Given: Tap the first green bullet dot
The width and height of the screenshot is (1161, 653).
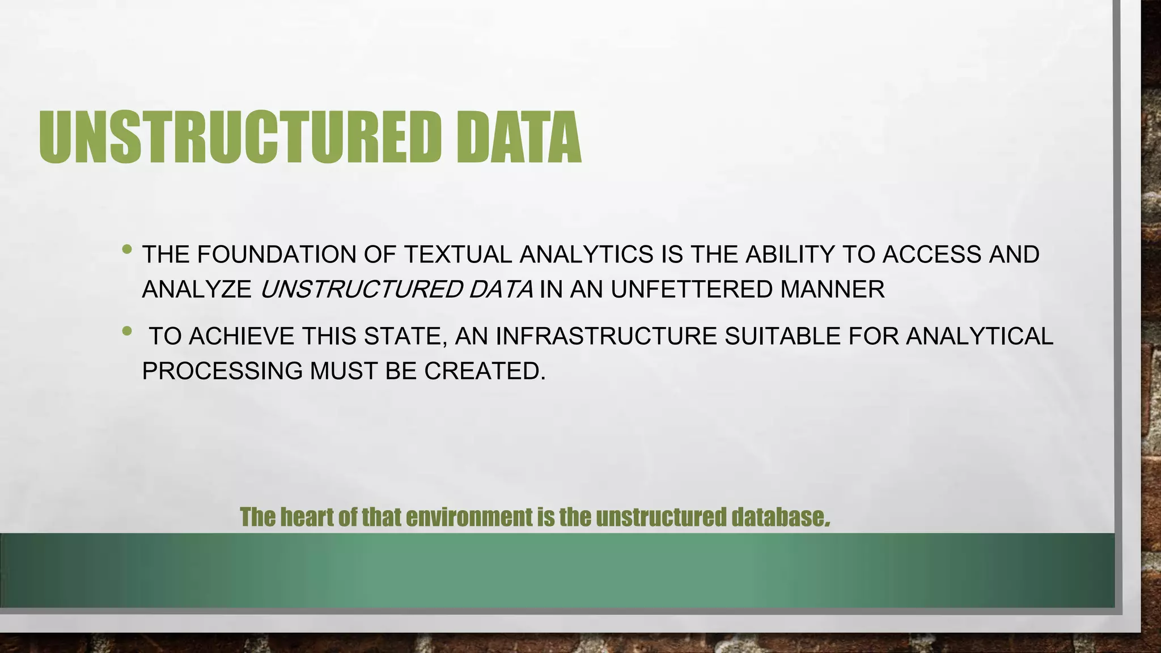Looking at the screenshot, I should tap(128, 249).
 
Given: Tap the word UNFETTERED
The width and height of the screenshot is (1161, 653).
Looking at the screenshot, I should tap(692, 290).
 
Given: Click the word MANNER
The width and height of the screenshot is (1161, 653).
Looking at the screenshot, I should tap(832, 290).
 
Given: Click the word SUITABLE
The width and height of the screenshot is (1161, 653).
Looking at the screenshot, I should tap(783, 336).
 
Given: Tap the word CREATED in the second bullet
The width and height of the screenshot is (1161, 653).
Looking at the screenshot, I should tap(484, 371).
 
